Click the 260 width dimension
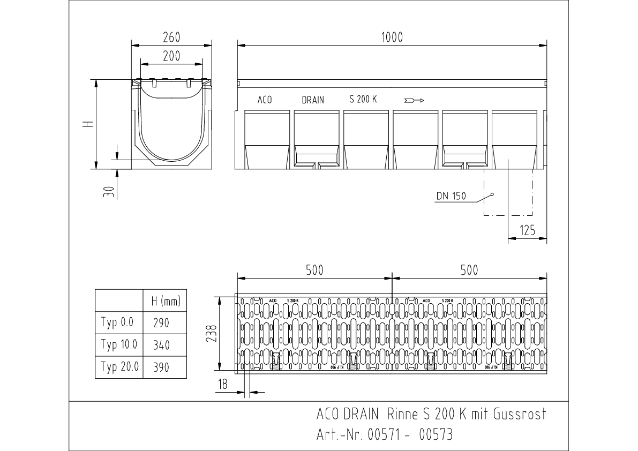(x=171, y=37)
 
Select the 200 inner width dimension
(x=171, y=56)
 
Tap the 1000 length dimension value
(x=392, y=37)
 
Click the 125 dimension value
(x=528, y=231)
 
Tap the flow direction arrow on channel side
(x=414, y=100)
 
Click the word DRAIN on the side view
(x=313, y=100)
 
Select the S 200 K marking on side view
(x=363, y=99)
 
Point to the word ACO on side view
(x=265, y=100)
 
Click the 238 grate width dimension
(x=212, y=334)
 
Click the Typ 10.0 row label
(x=119, y=344)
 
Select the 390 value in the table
(x=161, y=368)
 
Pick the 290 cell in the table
(x=161, y=323)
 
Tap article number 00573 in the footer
(x=436, y=434)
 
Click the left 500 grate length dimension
(x=314, y=270)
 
